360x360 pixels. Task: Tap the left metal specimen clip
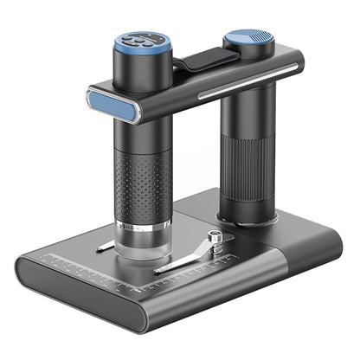tap(105, 247)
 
